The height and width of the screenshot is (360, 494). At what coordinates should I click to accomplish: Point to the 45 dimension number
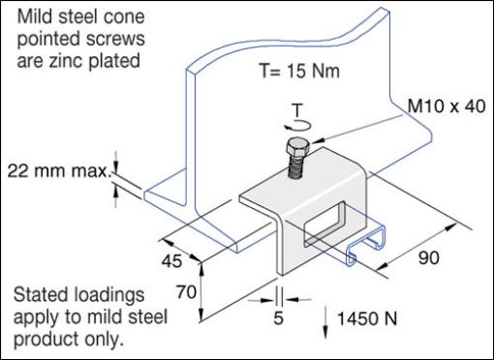[x=172, y=259]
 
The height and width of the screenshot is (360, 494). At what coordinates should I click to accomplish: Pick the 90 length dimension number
[x=426, y=258]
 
